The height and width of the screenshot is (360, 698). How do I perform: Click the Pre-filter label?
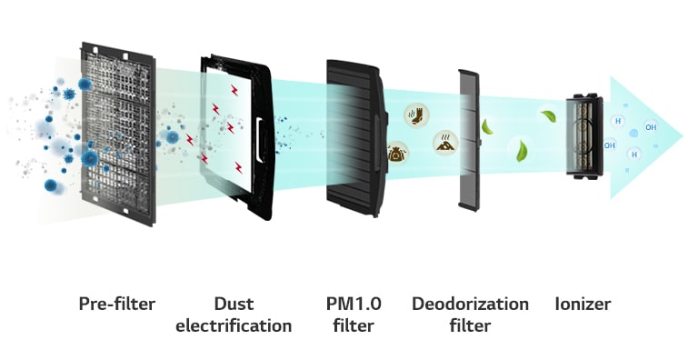click(x=116, y=304)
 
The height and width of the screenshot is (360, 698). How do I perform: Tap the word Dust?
click(x=234, y=304)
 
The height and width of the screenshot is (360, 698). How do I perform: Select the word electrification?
click(x=234, y=325)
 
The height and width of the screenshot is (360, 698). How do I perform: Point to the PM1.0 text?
click(x=351, y=304)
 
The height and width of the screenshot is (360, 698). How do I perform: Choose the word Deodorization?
click(x=470, y=304)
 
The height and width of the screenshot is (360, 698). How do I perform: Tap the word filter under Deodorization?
click(x=469, y=325)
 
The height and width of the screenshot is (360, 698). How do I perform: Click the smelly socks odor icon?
click(x=415, y=115)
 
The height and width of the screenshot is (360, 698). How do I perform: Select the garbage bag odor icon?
click(x=397, y=153)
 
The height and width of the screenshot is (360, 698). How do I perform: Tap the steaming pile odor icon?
click(x=444, y=142)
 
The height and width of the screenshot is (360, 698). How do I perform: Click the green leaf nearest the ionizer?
click(x=548, y=116)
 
